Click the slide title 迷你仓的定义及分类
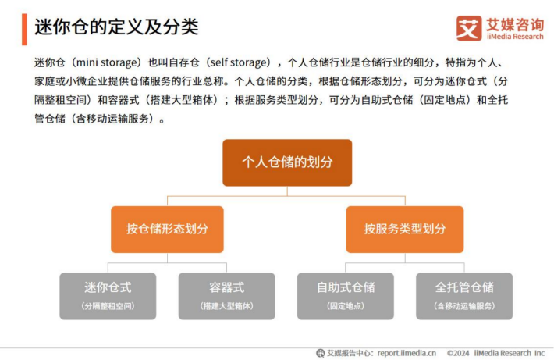pyautogui.click(x=116, y=27)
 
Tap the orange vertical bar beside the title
pyautogui.click(x=24, y=30)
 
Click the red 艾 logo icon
pyautogui.click(x=469, y=28)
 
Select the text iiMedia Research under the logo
pyautogui.click(x=515, y=37)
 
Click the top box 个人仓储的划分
pyautogui.click(x=287, y=162)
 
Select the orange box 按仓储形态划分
pyautogui.click(x=167, y=229)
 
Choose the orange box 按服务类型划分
pyautogui.click(x=405, y=229)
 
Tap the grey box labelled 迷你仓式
pyautogui.click(x=108, y=296)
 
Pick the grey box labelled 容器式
pyautogui.click(x=226, y=296)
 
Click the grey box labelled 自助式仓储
pyautogui.click(x=346, y=296)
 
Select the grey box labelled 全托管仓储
pyautogui.click(x=464, y=296)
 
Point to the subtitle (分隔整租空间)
pyautogui.click(x=108, y=306)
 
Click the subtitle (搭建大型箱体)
pyautogui.click(x=226, y=306)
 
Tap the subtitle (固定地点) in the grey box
pyautogui.click(x=346, y=306)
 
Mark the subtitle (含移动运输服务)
pyautogui.click(x=464, y=306)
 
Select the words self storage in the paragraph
pyautogui.click(x=237, y=62)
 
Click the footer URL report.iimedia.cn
pyautogui.click(x=407, y=353)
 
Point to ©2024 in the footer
pyautogui.click(x=458, y=353)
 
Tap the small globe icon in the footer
pyautogui.click(x=321, y=353)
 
